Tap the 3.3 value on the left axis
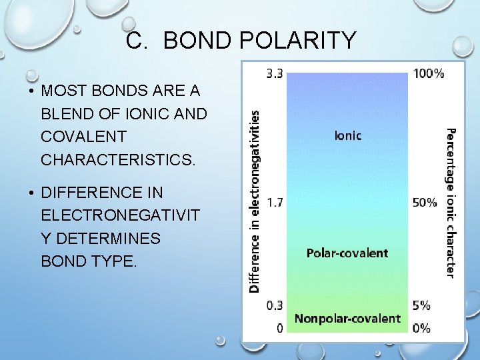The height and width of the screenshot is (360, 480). tap(274, 73)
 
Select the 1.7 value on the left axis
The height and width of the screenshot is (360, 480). tap(274, 202)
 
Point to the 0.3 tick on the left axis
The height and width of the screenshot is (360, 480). tap(274, 305)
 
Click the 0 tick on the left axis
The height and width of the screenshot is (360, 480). tap(279, 327)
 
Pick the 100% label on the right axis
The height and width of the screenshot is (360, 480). tap(428, 73)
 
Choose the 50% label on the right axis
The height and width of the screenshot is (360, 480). tap(425, 202)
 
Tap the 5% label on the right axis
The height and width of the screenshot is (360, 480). tap(421, 305)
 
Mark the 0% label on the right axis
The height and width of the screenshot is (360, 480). tap(421, 327)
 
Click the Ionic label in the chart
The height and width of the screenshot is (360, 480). tap(347, 135)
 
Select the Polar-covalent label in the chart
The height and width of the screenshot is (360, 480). tap(347, 253)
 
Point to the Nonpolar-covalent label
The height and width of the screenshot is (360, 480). tap(347, 318)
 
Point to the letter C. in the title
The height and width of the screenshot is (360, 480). tap(137, 41)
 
